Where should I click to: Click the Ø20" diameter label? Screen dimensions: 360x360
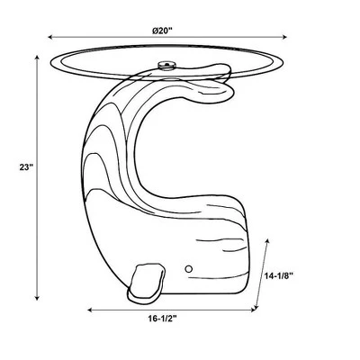click(x=162, y=31)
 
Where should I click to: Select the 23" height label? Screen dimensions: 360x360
click(x=26, y=167)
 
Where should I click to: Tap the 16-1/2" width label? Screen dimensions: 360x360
click(x=162, y=319)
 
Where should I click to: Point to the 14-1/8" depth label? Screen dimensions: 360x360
click(x=279, y=276)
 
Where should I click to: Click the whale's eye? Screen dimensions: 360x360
click(x=189, y=269)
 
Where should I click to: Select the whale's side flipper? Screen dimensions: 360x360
click(x=147, y=283)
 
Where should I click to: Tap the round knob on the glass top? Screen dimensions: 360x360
click(x=166, y=65)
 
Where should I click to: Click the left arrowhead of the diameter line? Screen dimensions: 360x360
click(x=50, y=37)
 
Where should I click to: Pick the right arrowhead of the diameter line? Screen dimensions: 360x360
click(x=284, y=37)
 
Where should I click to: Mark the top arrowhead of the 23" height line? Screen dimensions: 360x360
click(x=37, y=58)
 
